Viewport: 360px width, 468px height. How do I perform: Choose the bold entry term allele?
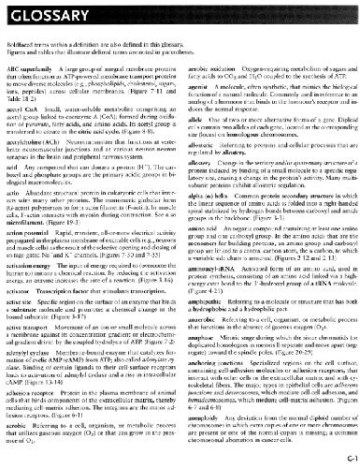click(195, 133)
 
